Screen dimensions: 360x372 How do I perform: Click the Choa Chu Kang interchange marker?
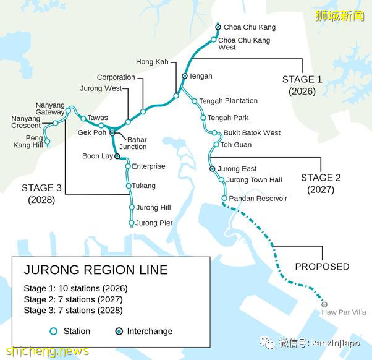pyautogui.click(x=218, y=27)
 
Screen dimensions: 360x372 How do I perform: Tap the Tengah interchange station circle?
pyautogui.click(x=185, y=76)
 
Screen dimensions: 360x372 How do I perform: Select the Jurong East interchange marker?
pyautogui.click(x=212, y=169)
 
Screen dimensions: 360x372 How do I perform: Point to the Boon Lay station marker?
pyautogui.click(x=117, y=156)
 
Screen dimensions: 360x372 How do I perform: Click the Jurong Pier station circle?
pyautogui.click(x=132, y=223)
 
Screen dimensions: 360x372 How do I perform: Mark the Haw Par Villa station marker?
pyautogui.click(x=324, y=304)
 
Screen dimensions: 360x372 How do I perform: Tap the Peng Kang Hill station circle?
pyautogui.click(x=47, y=142)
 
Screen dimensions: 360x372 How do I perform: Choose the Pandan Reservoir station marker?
pyautogui.click(x=224, y=199)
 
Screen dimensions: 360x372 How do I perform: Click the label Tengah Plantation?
pyautogui.click(x=228, y=101)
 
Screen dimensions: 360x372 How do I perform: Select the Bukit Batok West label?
pyautogui.click(x=252, y=133)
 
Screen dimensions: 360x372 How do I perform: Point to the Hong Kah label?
pyautogui.click(x=152, y=62)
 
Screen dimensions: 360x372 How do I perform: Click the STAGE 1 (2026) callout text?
pyautogui.click(x=302, y=85)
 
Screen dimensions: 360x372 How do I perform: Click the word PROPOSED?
pyautogui.click(x=322, y=267)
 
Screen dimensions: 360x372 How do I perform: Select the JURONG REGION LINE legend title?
pyautogui.click(x=96, y=270)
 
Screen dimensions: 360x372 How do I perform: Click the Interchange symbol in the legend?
pyautogui.click(x=120, y=332)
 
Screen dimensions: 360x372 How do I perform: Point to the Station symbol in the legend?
pyautogui.click(x=54, y=332)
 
